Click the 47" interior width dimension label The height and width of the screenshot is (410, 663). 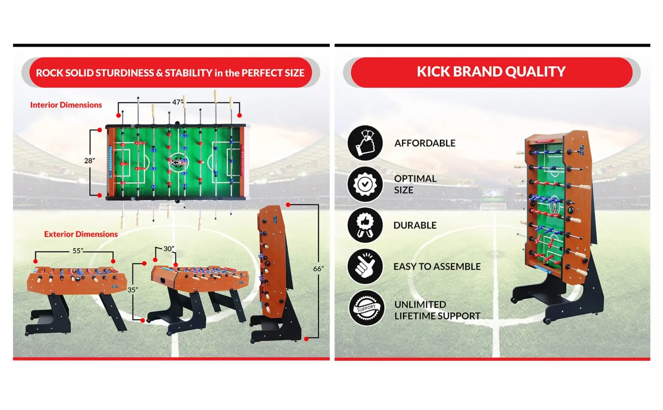tap(178, 102)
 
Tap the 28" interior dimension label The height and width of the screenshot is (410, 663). tap(89, 161)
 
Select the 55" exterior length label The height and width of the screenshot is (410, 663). tap(78, 251)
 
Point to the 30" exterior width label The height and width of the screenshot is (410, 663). tap(169, 249)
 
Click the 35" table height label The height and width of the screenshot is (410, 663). tap(133, 290)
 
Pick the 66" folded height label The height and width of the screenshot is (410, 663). tap(318, 269)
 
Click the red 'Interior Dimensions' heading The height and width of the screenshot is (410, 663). tap(66, 105)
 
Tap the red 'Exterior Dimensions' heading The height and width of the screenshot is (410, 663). tap(81, 234)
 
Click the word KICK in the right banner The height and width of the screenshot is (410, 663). tap(433, 71)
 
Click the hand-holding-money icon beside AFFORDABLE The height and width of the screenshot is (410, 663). tap(365, 143)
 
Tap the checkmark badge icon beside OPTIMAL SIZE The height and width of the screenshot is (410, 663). tap(365, 184)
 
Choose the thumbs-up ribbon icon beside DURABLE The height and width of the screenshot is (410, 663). tap(365, 225)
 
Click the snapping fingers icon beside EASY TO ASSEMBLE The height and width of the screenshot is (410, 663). tap(365, 266)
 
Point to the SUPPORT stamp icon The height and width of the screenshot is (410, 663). tap(366, 308)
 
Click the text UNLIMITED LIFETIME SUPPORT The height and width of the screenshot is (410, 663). tap(437, 310)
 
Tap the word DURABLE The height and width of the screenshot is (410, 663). tap(415, 226)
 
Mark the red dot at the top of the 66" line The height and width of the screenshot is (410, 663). tap(288, 205)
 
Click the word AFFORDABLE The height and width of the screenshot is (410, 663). tap(425, 143)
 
